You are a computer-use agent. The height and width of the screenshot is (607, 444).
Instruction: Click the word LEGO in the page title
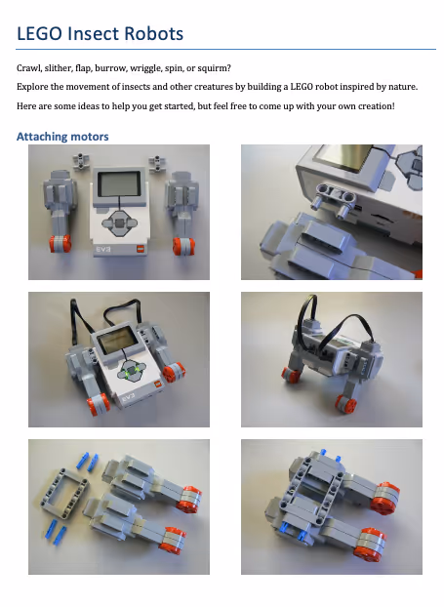click(x=39, y=34)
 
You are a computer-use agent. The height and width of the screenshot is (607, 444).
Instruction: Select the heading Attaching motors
click(x=62, y=137)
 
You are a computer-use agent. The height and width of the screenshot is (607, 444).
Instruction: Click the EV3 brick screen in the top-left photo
click(x=118, y=184)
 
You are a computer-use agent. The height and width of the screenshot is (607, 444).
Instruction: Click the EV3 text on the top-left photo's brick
click(x=103, y=249)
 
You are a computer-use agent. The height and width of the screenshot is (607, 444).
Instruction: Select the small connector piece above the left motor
click(x=81, y=161)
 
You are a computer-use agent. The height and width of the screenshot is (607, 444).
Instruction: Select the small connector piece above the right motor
click(x=157, y=163)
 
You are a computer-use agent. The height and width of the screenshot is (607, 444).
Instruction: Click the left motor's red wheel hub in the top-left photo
click(x=60, y=244)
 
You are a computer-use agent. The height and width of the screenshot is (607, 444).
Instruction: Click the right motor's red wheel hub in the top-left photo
click(x=183, y=246)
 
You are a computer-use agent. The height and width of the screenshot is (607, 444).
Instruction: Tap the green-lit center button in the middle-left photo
click(x=133, y=372)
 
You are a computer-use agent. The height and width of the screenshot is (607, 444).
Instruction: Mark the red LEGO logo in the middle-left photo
click(x=157, y=384)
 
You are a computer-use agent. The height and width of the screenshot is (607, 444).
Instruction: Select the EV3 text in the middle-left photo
click(x=128, y=397)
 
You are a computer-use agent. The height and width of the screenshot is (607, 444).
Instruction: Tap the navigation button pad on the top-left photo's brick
click(x=119, y=223)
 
